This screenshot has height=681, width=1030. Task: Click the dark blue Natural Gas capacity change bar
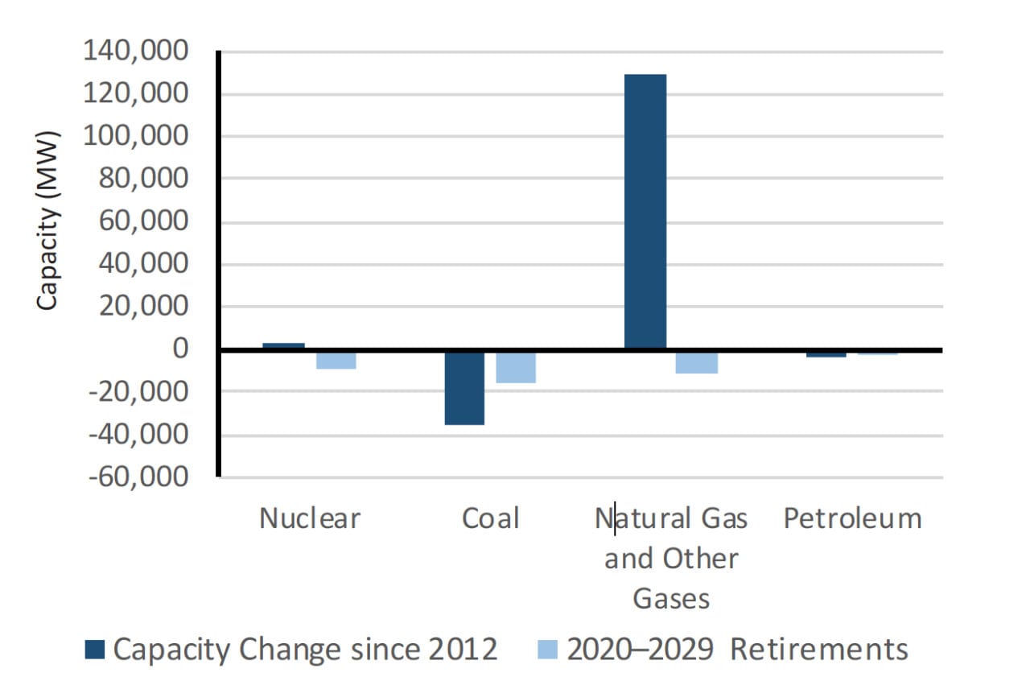(645, 211)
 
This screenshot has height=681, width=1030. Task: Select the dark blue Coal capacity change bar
(465, 387)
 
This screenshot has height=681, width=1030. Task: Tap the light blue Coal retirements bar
(516, 366)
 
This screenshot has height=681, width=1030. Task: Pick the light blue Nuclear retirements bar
(336, 359)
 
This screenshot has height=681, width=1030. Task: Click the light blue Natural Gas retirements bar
(697, 361)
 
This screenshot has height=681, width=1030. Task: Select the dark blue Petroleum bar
(826, 353)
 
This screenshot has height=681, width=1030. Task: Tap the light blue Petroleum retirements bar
(877, 353)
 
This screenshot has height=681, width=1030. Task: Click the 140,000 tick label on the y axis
(136, 52)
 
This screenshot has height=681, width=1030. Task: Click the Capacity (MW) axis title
(47, 219)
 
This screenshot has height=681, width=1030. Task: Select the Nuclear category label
(310, 518)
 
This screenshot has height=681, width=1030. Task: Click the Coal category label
(490, 518)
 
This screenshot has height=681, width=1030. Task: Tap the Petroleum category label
(852, 518)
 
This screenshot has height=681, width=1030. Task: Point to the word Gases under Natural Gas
(671, 598)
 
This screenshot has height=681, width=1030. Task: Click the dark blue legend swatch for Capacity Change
(95, 649)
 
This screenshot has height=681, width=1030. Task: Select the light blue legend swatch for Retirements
(548, 649)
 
